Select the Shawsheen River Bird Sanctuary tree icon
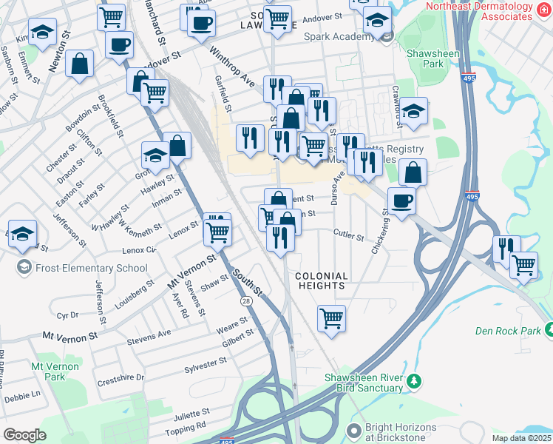pyautogui.click(x=415, y=382)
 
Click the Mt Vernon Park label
pyautogui.click(x=49, y=371)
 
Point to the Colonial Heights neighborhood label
pyautogui.click(x=321, y=280)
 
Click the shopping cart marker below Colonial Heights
pyautogui.click(x=331, y=318)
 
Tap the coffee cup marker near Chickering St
pyautogui.click(x=401, y=201)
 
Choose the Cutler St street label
pyautogui.click(x=349, y=237)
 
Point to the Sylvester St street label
pyautogui.click(x=206, y=363)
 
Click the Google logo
pyautogui.click(x=24, y=435)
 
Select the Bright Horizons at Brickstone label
pyautogui.click(x=396, y=433)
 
